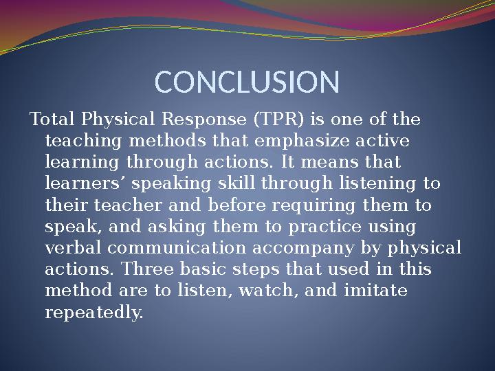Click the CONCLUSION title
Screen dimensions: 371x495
click(x=247, y=82)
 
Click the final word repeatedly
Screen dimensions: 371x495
click(x=93, y=313)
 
